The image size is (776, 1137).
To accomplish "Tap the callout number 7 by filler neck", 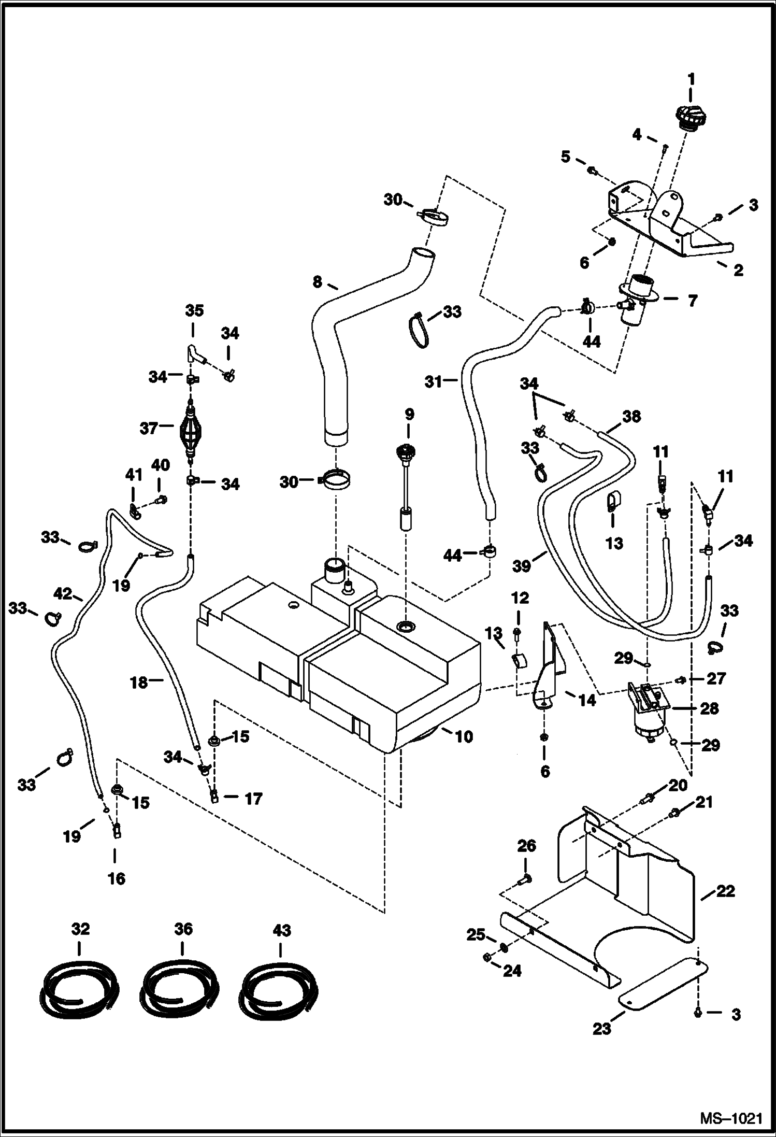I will click(693, 300).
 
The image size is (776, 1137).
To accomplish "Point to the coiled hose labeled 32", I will click(79, 990).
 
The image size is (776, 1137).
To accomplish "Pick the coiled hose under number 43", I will click(280, 990).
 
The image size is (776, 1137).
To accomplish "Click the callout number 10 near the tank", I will click(464, 736).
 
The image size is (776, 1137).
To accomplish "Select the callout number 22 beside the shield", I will click(725, 891).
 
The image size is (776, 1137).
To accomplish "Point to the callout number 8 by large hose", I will click(318, 282).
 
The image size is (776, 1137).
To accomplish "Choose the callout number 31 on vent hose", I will click(434, 382).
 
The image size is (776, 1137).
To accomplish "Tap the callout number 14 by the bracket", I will click(587, 700).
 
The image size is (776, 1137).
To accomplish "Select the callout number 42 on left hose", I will click(63, 593).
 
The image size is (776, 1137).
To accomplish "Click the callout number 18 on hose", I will click(139, 683).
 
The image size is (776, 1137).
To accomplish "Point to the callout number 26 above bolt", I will click(526, 846).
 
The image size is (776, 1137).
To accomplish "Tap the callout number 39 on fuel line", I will click(522, 566).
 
